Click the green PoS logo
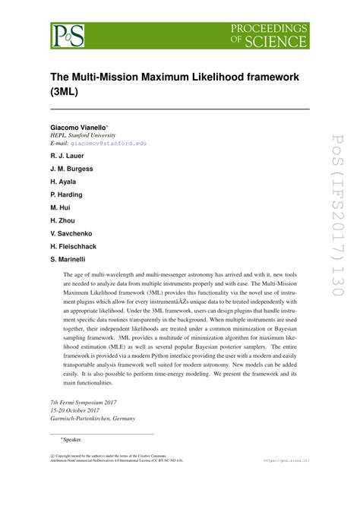(x=68, y=33)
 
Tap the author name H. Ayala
(x=64, y=182)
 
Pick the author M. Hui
(x=61, y=207)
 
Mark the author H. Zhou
(x=63, y=220)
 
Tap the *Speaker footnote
(x=71, y=440)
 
